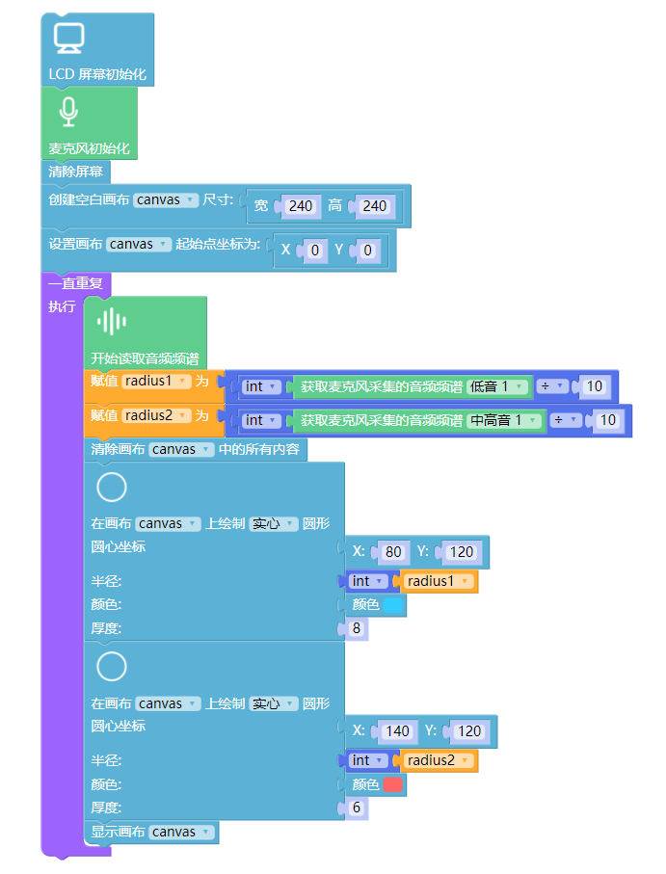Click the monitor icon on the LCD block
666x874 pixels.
coord(68,38)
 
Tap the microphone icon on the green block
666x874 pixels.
coord(67,112)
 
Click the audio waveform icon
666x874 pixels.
coord(112,322)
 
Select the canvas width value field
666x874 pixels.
coord(301,206)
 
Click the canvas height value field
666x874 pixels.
coord(374,206)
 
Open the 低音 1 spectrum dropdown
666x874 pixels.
coord(498,386)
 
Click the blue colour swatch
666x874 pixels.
coord(393,605)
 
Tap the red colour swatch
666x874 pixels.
coord(393,784)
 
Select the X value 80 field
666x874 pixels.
coord(393,552)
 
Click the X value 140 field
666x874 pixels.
coord(397,731)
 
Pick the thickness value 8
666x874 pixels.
coord(356,628)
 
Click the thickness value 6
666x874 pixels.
coord(356,808)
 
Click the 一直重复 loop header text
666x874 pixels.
coord(76,284)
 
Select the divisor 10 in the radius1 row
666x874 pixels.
coord(594,386)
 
